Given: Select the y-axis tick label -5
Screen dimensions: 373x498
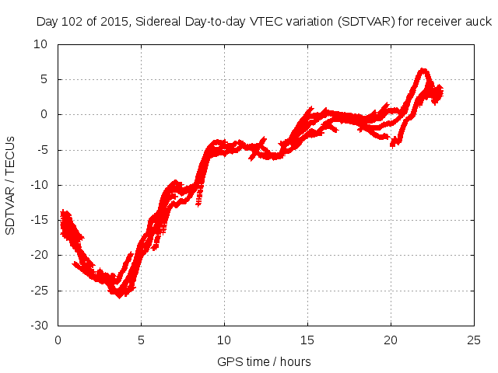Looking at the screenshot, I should [41, 150].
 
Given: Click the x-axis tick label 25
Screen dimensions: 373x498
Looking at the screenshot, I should [474, 340].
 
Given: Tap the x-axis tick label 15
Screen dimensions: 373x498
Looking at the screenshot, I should [307, 340].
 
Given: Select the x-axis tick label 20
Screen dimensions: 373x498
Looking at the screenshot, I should [391, 340].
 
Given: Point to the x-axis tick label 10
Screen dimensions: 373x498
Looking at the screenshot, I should [224, 340].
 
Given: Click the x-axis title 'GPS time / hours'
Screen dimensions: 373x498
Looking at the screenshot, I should [265, 361].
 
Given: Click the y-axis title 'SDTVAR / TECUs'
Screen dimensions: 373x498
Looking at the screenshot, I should [11, 186].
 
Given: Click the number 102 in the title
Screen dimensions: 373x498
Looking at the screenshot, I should [71, 22].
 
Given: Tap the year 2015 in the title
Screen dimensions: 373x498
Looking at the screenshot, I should [110, 22].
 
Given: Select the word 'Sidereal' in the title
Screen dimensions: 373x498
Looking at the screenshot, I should [155, 22].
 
